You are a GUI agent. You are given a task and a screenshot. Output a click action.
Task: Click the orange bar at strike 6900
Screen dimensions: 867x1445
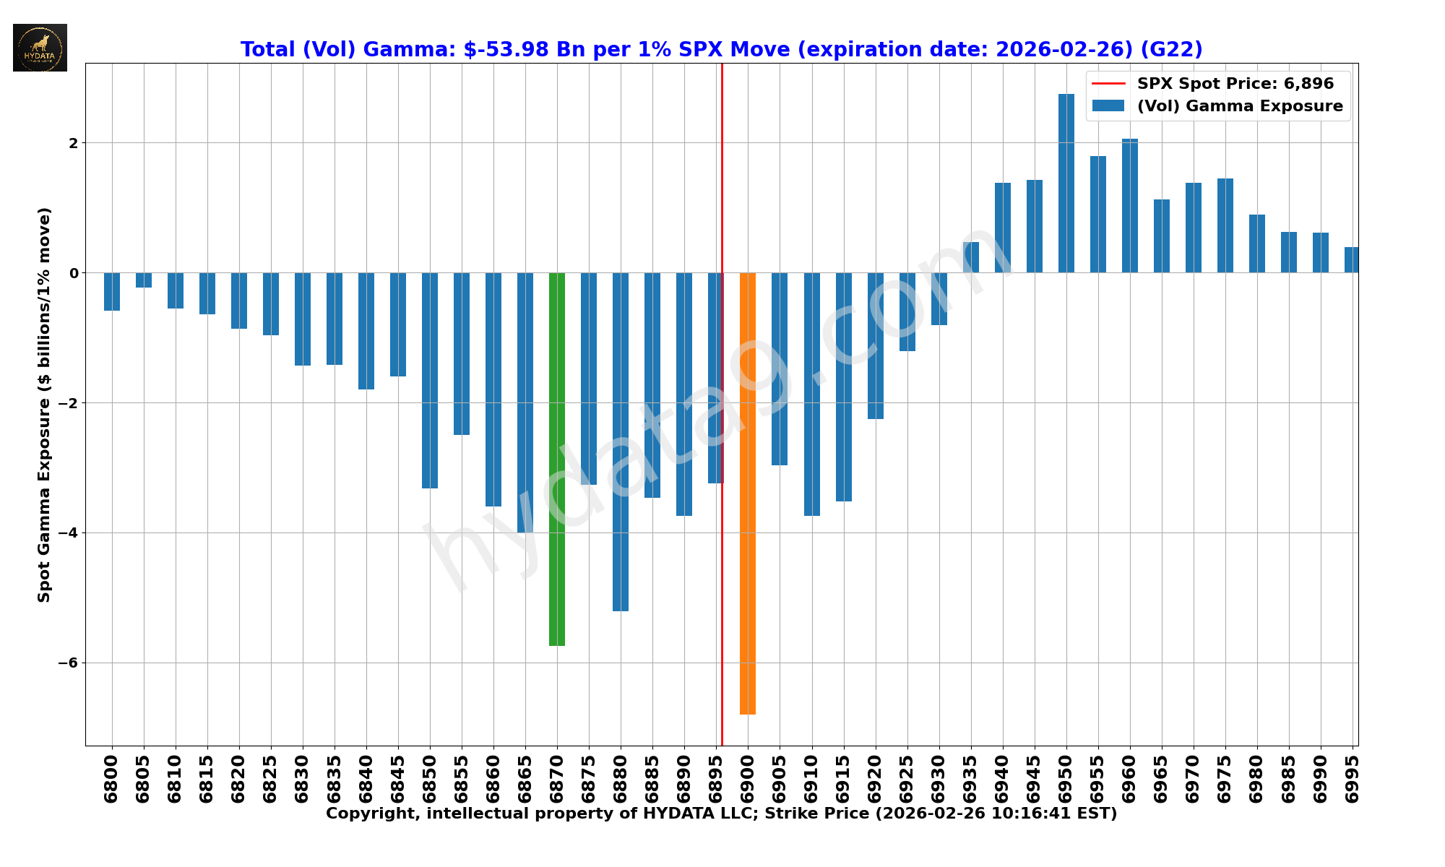(747, 493)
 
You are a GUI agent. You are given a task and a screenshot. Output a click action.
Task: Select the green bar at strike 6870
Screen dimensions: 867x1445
(556, 459)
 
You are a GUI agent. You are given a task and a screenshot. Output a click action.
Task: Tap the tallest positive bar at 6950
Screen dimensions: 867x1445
(1066, 184)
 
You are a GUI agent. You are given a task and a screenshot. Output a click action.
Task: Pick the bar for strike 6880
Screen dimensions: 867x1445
(620, 441)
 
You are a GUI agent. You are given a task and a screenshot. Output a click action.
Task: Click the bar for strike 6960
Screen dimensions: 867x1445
(1129, 206)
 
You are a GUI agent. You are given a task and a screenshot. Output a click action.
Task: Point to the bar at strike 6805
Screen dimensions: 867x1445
(144, 280)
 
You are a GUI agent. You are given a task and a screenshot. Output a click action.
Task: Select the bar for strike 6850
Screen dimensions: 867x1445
(429, 380)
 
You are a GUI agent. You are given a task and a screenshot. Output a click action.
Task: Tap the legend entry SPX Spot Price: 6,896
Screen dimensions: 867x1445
(1235, 84)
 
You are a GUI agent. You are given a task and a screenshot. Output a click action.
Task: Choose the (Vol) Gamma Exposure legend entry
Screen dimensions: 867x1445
(1239, 106)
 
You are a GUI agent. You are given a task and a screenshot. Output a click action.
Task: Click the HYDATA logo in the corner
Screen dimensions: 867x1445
(40, 48)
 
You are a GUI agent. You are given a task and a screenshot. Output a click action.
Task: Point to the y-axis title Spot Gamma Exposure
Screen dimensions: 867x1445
(45, 405)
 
